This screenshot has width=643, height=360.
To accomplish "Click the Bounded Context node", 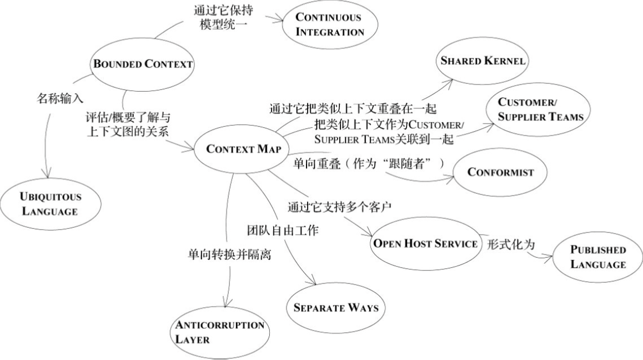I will [x=143, y=64].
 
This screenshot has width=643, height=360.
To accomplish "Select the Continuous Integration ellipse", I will [x=329, y=24].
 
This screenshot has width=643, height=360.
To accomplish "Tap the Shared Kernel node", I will [x=482, y=61].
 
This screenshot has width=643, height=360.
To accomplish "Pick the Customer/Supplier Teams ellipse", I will [x=533, y=109].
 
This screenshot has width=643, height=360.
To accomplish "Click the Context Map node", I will [x=244, y=149].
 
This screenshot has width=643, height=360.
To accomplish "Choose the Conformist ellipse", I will [x=500, y=172].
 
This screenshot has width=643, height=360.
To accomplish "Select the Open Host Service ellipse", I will [x=425, y=243].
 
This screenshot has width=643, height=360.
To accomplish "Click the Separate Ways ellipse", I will [x=335, y=307].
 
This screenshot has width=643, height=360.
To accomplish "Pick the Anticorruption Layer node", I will [x=220, y=331].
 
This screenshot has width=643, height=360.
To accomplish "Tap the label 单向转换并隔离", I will [x=229, y=255].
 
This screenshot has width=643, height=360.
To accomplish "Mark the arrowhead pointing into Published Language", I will [x=550, y=257].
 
